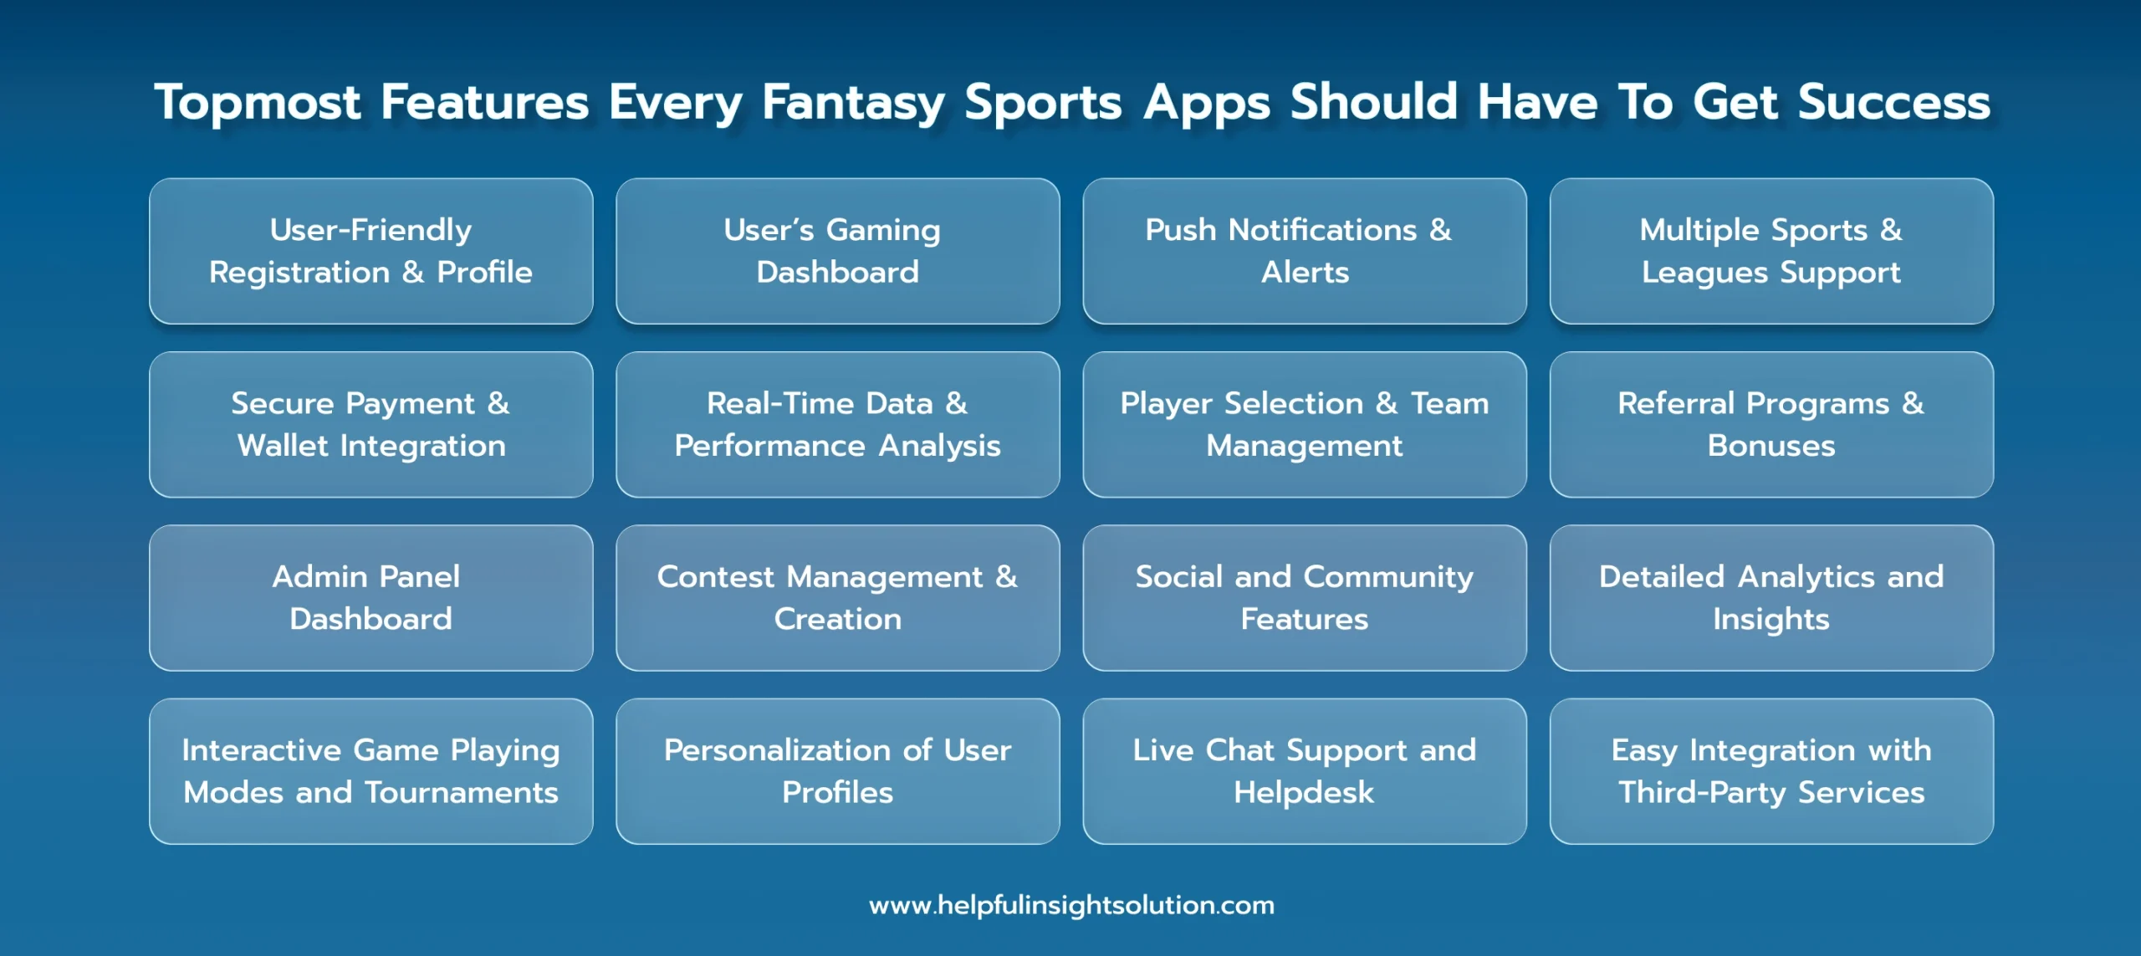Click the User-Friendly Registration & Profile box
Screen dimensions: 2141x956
371,251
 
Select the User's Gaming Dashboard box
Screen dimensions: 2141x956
838,251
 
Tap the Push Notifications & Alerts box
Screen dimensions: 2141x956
1305,251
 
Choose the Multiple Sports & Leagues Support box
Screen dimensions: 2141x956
1771,251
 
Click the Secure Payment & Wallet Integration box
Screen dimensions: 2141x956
371,425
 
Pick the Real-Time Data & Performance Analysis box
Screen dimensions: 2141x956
838,425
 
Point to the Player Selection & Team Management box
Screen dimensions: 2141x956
1305,425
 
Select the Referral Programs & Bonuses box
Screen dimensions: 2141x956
1771,425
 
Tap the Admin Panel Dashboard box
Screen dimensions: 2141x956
371,598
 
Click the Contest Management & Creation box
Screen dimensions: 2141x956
838,598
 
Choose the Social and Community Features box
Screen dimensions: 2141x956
1305,598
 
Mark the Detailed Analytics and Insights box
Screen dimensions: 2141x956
1771,598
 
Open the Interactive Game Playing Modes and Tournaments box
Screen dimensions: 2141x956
371,771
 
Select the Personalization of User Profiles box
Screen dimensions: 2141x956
838,771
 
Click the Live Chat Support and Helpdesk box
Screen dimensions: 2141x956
1305,771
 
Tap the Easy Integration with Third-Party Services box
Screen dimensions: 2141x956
1771,771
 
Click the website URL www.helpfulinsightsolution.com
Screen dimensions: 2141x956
1071,905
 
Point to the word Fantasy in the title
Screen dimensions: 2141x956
853,104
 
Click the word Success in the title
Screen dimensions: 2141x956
1894,102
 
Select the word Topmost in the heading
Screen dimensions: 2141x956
258,104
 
